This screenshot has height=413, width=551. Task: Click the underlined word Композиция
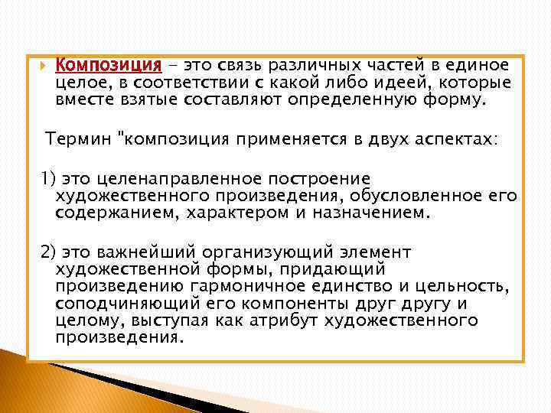[108, 66]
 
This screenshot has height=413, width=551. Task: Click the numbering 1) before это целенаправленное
[48, 178]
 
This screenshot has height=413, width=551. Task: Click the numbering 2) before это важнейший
[48, 252]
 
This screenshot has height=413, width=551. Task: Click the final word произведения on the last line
[119, 337]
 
